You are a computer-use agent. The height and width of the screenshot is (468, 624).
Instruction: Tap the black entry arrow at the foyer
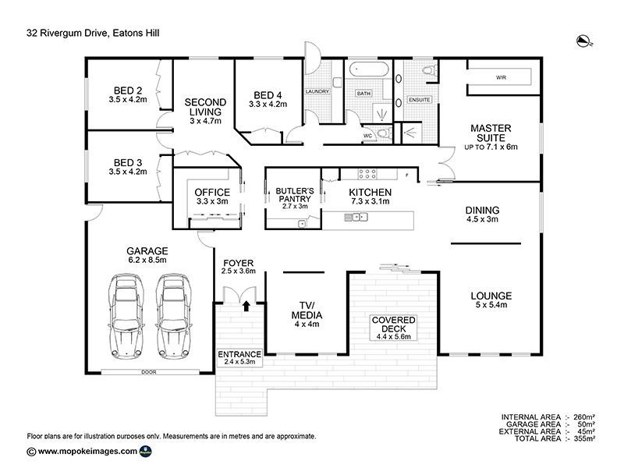246,307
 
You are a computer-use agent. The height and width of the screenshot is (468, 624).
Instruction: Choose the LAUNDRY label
317,92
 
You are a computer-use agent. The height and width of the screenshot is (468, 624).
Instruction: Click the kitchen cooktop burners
367,173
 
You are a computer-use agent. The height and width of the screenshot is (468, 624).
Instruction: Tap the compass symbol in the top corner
583,40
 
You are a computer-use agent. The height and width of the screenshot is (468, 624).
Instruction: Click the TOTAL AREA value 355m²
584,439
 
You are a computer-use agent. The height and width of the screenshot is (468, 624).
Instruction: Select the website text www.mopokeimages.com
88,452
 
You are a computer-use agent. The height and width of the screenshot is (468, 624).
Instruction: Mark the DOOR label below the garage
148,372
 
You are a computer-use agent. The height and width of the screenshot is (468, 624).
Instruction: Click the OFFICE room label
211,193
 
